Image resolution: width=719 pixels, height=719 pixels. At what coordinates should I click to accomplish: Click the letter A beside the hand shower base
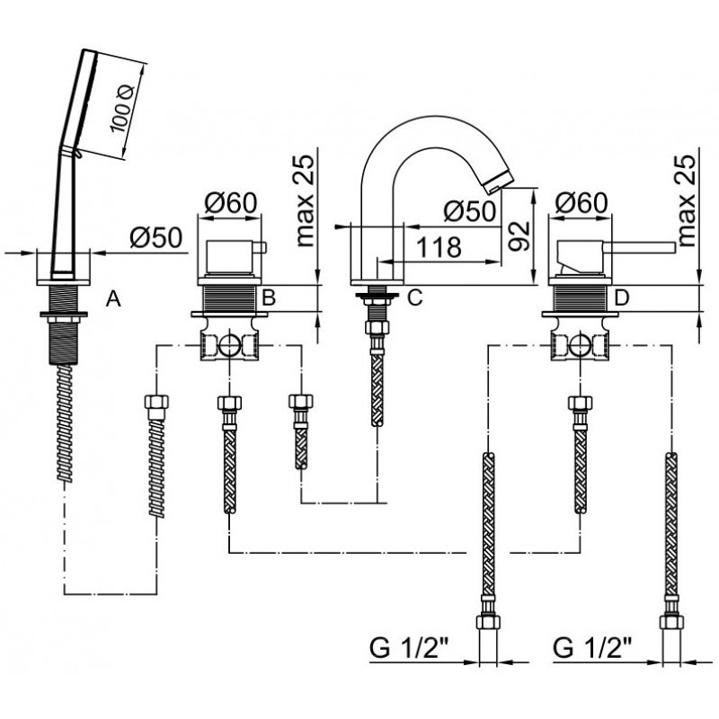pos(113,299)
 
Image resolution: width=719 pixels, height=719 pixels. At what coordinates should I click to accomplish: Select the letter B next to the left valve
pos(268,297)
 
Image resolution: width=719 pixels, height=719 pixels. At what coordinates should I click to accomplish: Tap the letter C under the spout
pos(414,297)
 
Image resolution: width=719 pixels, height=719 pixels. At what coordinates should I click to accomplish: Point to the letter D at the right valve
pos(622,298)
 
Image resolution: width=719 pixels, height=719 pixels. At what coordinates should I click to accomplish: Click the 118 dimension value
pos(439,248)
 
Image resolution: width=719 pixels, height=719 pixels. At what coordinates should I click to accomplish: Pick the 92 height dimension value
pos(519,235)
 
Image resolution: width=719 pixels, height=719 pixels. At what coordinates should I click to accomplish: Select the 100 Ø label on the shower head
pos(121,109)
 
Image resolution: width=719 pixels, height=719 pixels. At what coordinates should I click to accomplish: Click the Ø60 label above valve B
pos(231,203)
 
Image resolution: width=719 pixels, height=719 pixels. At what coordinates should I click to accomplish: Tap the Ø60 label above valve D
pos(581,203)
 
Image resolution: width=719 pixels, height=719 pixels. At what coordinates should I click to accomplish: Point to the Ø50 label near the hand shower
pos(155,237)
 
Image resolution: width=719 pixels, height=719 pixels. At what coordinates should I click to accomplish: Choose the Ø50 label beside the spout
pos(470,211)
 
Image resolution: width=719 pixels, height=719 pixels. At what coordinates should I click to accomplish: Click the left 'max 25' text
pos(306,200)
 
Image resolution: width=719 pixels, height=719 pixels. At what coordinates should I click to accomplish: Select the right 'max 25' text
pos(687,200)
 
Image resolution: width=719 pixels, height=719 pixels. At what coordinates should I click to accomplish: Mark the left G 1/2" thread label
pos(410,649)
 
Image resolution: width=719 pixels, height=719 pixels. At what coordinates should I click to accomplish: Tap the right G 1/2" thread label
pos(593,649)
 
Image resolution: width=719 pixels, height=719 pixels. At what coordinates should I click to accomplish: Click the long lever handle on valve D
pos(642,248)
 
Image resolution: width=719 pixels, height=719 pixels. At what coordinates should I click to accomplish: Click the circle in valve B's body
pos(229,345)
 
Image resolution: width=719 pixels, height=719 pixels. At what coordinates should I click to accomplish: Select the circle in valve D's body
pos(580,345)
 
